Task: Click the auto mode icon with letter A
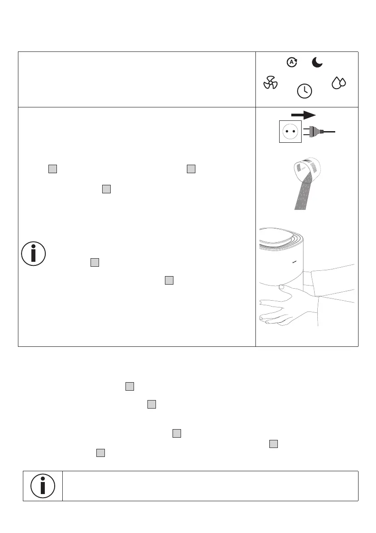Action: click(292, 63)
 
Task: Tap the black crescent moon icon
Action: click(317, 63)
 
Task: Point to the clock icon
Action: click(305, 90)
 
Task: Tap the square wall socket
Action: click(290, 131)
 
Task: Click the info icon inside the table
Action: click(33, 254)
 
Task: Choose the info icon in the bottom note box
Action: click(43, 486)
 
